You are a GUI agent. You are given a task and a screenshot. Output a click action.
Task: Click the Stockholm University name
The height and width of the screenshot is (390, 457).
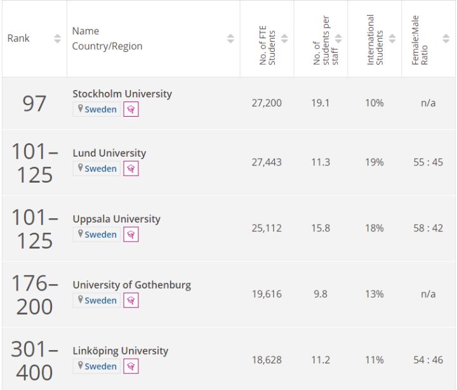[122, 94]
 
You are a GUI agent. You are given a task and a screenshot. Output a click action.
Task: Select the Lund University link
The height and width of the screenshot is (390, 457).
[109, 153]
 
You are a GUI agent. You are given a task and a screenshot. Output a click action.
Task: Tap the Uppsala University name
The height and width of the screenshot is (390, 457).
[116, 219]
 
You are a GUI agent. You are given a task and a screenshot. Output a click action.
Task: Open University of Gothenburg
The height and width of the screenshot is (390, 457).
[131, 285]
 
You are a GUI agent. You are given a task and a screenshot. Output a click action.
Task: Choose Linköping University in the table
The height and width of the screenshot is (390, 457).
[120, 351]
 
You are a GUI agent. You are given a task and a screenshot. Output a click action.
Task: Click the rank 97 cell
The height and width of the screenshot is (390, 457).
[34, 103]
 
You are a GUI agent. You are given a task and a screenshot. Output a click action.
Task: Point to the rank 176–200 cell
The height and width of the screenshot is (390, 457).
[34, 295]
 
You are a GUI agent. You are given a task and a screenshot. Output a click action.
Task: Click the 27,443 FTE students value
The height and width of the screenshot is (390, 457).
[267, 162]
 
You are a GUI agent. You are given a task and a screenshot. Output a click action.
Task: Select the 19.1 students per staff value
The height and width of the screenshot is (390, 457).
[321, 103]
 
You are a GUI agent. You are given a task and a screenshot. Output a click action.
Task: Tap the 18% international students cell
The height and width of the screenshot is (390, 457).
[374, 228]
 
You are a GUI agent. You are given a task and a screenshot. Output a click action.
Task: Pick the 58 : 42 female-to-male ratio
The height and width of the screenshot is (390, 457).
[428, 228]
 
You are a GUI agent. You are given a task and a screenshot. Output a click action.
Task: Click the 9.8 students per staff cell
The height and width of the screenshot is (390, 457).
[321, 294]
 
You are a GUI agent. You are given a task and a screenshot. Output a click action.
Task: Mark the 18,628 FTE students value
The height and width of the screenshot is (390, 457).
[267, 360]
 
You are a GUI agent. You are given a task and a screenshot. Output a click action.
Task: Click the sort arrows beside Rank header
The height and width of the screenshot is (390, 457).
[58, 39]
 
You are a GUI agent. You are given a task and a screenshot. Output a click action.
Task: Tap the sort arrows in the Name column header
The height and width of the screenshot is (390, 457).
[230, 39]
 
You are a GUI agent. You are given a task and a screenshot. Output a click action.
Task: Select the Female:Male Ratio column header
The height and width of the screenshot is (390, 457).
[420, 39]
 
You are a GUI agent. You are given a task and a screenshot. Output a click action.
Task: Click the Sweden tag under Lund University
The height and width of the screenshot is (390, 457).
[97, 169]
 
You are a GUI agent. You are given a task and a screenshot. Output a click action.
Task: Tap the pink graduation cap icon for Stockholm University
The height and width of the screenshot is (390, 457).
[131, 110]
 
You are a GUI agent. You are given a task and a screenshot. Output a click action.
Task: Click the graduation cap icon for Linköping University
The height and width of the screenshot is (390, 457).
[131, 367]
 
